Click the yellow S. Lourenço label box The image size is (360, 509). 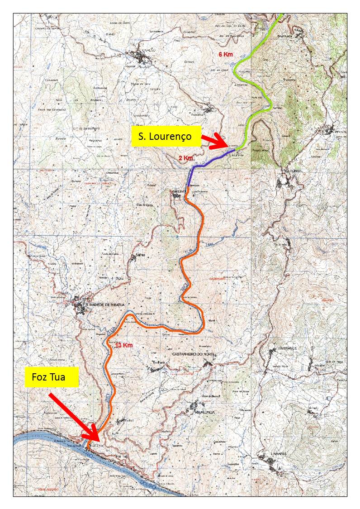point(166,136)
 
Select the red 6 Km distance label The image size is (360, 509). point(225,54)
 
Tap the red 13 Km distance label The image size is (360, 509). point(123,345)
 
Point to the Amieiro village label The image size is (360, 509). point(178,191)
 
